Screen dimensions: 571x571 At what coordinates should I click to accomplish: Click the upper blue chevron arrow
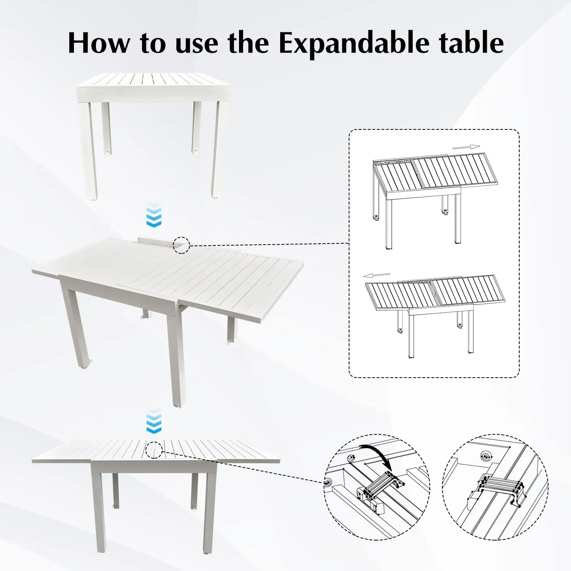154,215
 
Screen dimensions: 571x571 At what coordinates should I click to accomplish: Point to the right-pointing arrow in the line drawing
466,147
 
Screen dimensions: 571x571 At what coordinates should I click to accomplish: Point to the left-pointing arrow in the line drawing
376,275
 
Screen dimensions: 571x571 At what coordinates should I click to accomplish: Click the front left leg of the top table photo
88,150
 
